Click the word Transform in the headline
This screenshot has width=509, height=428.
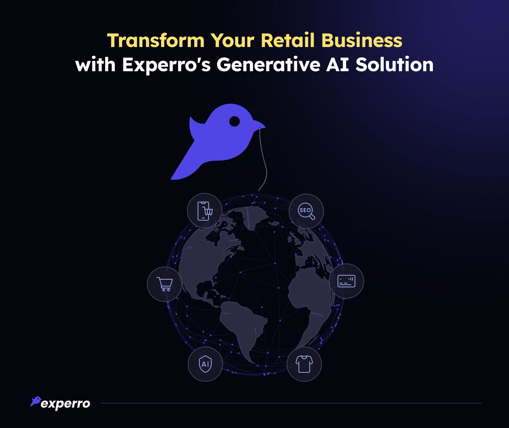156,40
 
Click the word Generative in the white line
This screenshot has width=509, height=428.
268,65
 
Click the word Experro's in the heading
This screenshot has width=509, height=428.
166,65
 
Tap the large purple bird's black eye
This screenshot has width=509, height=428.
234,121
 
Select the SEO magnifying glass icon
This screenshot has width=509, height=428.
306,211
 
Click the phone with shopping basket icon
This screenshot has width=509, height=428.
205,211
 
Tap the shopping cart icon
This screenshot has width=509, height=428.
165,284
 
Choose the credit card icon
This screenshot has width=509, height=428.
346,281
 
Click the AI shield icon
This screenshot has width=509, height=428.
205,364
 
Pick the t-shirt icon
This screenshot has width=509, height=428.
304,364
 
